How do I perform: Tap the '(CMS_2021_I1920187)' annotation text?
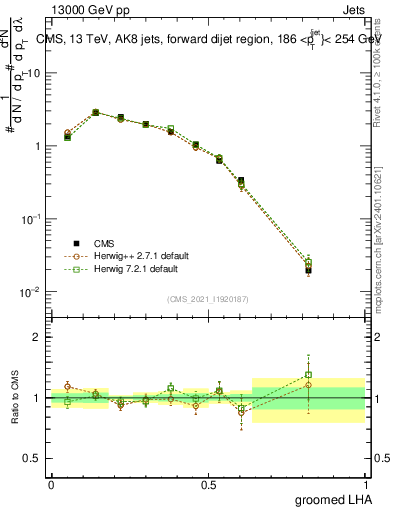coord(208,299)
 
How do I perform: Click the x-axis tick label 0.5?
coord(209,484)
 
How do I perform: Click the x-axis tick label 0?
coord(51,484)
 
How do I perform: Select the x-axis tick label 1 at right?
coord(367,484)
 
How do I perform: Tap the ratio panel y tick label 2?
coord(37,338)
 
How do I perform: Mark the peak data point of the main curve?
coord(96,113)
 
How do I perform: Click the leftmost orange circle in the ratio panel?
coord(67,386)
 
